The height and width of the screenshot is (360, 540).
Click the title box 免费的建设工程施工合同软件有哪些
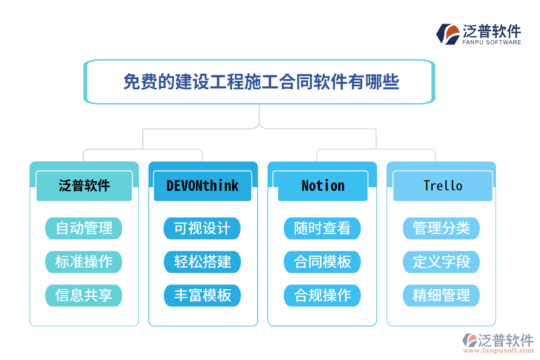(259, 82)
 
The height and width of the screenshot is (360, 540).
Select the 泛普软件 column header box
(84, 186)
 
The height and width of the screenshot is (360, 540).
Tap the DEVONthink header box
(203, 186)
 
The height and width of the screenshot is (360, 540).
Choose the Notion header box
(323, 186)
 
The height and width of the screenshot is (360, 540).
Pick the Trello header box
(442, 186)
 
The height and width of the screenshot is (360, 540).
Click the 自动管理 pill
(84, 228)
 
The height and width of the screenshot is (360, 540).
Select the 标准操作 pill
(84, 262)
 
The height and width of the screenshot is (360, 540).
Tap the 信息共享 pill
(84, 295)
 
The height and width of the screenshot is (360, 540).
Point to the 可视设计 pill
(203, 228)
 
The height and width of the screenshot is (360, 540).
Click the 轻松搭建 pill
(203, 262)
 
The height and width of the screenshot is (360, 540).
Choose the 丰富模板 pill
(203, 295)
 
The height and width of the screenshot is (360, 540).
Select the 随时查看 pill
(322, 228)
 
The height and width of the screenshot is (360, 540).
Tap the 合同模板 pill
(322, 262)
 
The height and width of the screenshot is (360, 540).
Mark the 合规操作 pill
(322, 295)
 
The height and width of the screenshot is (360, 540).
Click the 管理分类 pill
(442, 228)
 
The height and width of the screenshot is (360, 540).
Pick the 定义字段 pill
(442, 262)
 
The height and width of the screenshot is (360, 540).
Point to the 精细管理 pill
(442, 295)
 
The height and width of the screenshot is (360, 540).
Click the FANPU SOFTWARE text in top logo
(491, 43)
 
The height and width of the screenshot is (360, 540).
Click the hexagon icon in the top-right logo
(448, 34)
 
